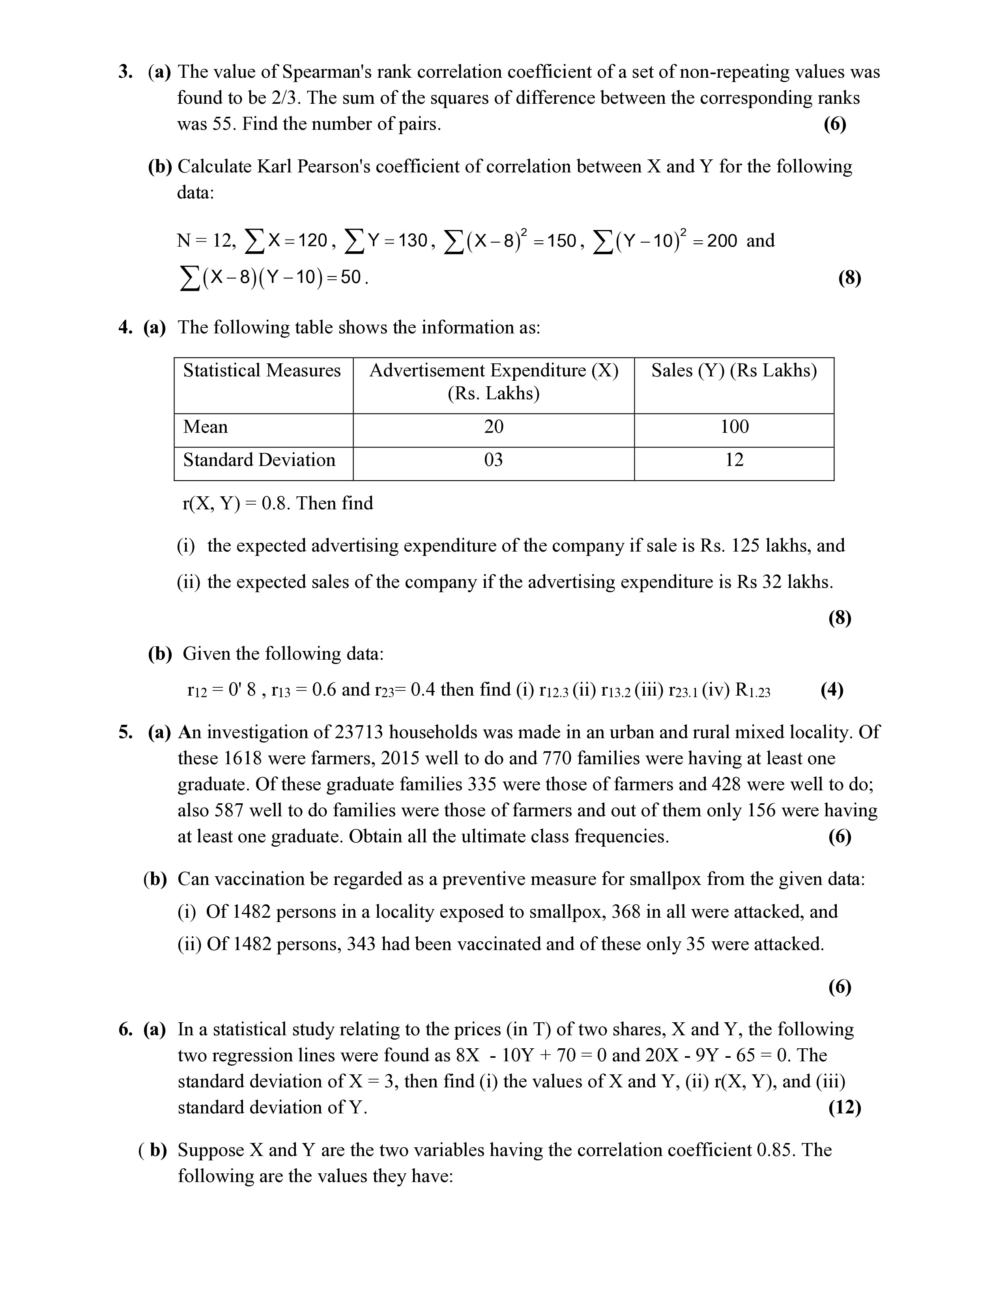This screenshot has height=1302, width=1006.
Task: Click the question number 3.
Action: tap(125, 72)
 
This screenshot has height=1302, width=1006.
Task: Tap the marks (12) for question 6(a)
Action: tap(845, 1107)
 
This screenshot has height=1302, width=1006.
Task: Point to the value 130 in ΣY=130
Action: tap(413, 241)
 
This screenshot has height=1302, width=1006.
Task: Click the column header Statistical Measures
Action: tap(262, 371)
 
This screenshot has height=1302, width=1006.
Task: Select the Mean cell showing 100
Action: tap(734, 427)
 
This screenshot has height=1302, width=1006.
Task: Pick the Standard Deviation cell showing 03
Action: tap(494, 460)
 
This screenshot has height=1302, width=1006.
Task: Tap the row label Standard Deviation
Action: tap(259, 460)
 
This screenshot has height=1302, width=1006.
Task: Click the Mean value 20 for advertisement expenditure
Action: tap(494, 427)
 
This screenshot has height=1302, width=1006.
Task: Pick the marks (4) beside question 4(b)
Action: tap(831, 690)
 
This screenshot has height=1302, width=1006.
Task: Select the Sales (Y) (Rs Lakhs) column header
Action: tap(734, 371)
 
